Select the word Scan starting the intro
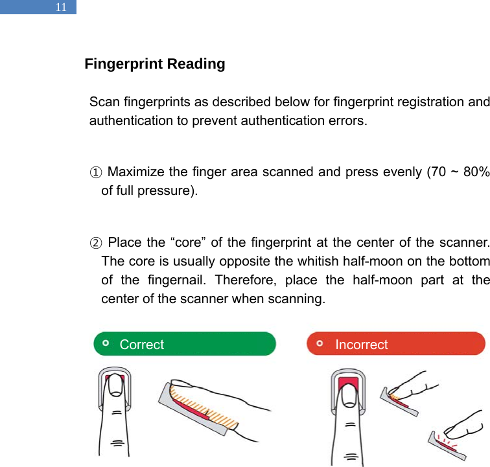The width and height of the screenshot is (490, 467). pos(102,102)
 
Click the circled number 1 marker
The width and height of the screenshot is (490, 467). pos(95,172)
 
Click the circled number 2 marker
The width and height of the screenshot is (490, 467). pos(95,244)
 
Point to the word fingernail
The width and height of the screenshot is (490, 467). pos(174,280)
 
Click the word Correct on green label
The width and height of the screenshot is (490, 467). pos(142,345)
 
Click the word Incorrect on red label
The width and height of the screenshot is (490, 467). pos(361,345)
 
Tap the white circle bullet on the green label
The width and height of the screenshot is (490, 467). pos(106,343)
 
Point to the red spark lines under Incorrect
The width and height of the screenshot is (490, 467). pos(447,442)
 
